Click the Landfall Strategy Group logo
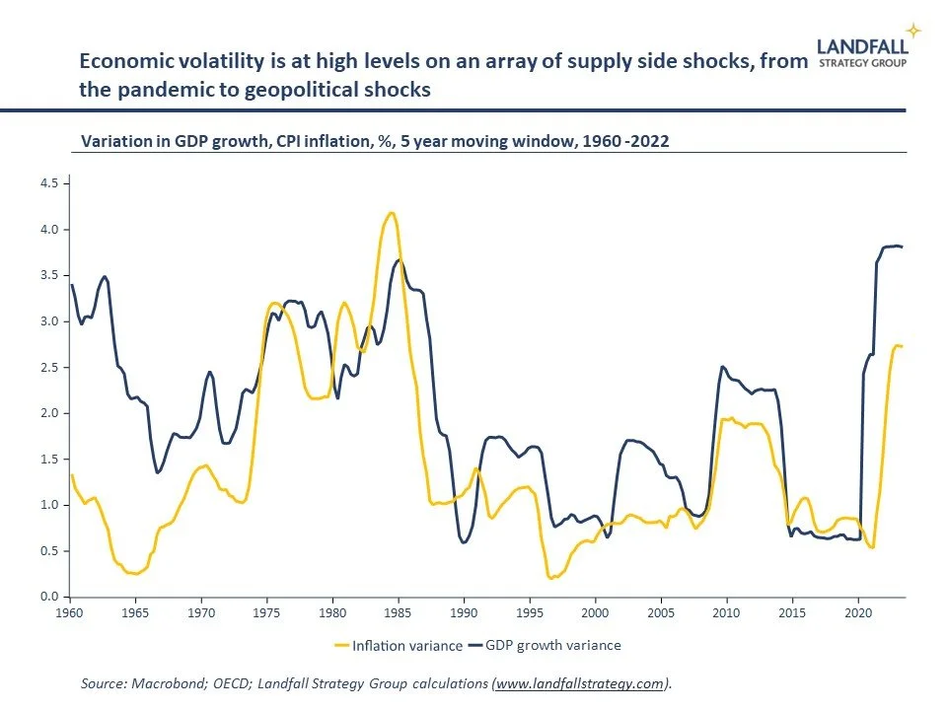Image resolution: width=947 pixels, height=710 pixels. (x=864, y=52)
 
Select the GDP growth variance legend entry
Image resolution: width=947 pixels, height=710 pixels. (x=548, y=646)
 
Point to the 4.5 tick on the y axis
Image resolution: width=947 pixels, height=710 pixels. (x=48, y=183)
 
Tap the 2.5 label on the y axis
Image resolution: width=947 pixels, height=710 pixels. (x=48, y=367)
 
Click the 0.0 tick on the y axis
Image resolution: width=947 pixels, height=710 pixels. (x=48, y=597)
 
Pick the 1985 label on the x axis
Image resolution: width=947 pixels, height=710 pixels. (x=398, y=612)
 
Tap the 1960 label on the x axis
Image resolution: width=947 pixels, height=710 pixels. (x=69, y=612)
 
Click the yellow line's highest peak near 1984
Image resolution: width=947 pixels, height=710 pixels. (x=392, y=212)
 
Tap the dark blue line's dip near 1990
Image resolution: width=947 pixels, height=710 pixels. (x=465, y=542)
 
